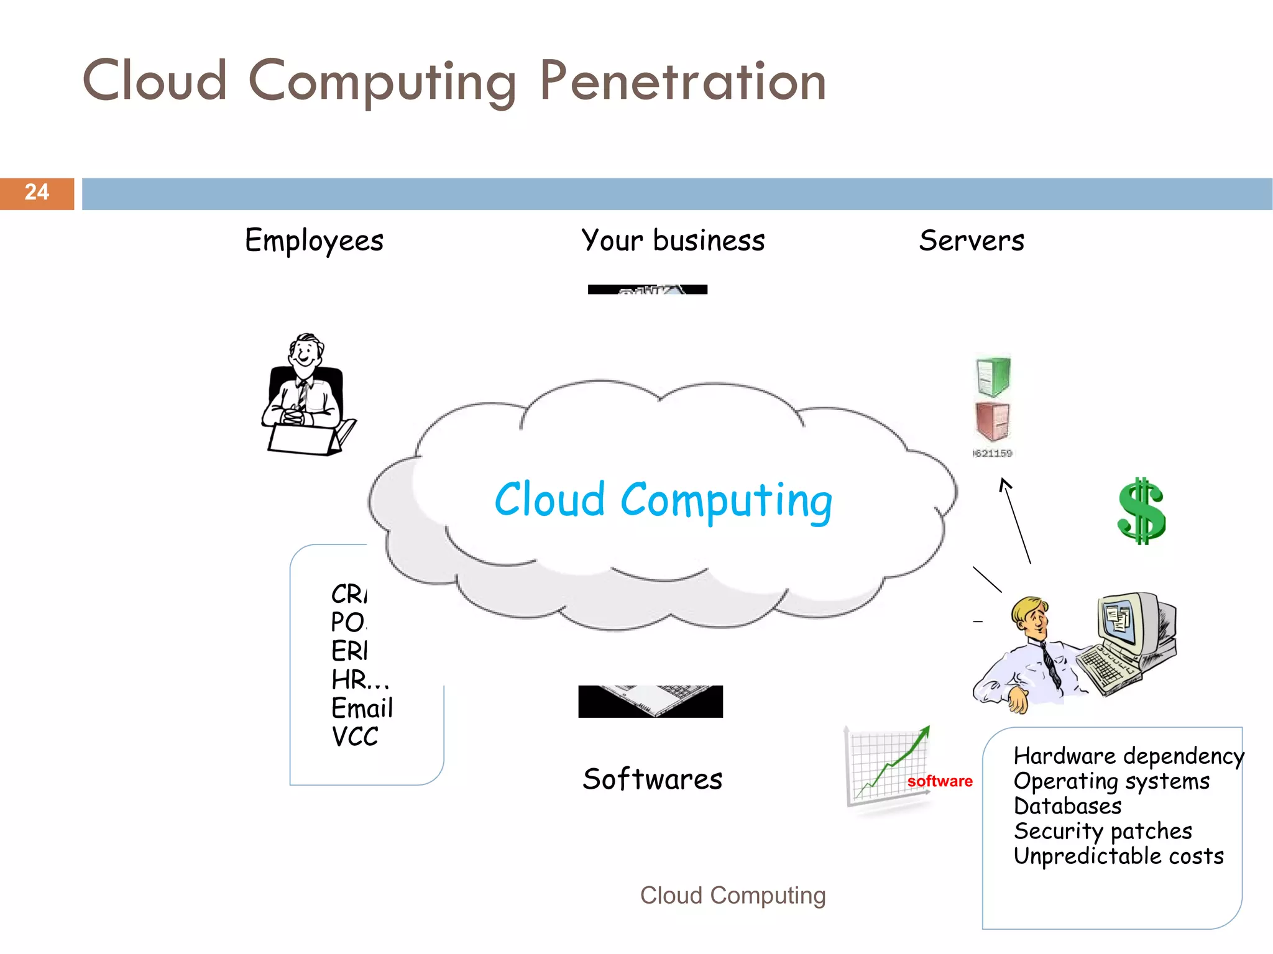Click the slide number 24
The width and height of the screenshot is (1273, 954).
coord(37,193)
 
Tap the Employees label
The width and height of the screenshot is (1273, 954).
coord(314,241)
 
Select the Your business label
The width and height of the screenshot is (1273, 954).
coord(673,241)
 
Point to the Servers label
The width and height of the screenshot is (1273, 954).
coord(972,241)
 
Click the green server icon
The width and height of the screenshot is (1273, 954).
coord(993,376)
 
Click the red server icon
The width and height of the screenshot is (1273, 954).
coord(993,421)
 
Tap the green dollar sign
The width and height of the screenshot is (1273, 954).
coord(1141,511)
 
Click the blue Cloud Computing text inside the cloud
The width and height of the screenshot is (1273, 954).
coord(663,500)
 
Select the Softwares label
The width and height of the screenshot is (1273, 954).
coord(652,779)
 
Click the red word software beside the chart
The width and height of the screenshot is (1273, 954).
coord(940,781)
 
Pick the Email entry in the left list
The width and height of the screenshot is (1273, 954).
coord(362,708)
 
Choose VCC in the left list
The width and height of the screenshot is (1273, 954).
coord(355,736)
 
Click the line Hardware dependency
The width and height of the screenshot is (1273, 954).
coord(1128,756)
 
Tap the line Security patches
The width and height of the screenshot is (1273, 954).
coord(1103,831)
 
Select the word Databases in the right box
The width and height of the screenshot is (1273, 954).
coord(1067,806)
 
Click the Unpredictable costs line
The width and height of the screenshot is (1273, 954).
coord(1118,856)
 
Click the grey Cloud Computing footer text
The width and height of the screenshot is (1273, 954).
coord(733,896)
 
